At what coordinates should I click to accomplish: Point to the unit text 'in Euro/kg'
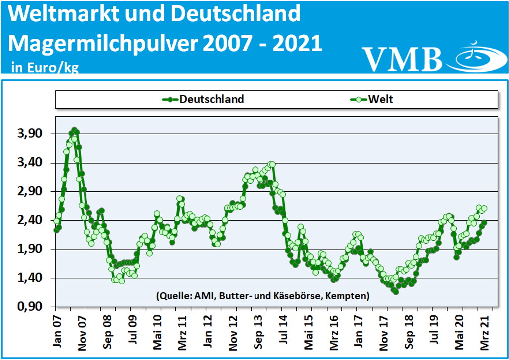point(45,67)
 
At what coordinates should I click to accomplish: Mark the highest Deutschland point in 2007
point(74,130)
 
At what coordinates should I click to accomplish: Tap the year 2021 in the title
point(295,43)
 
